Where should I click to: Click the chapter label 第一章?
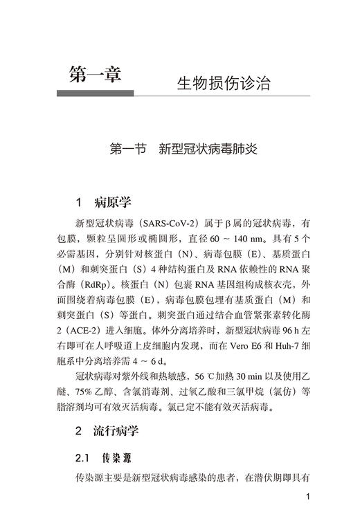95,74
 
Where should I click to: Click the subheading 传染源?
117,458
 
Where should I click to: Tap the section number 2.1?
83,458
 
